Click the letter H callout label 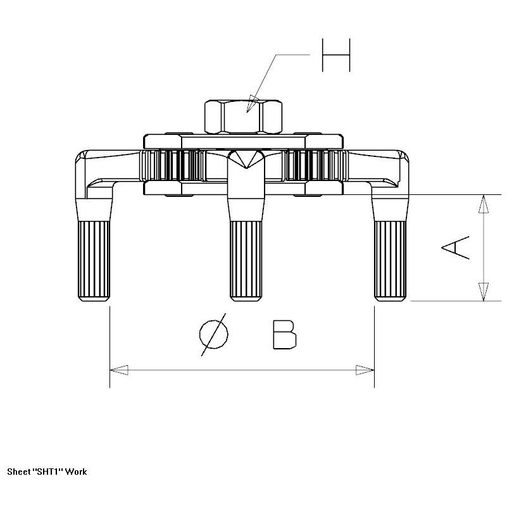pos(336,55)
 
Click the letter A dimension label pos(455,247)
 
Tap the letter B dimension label pos(285,335)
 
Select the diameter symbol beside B pos(213,335)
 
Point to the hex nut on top pos(243,116)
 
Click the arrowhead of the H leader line pos(252,103)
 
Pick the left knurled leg pos(94,261)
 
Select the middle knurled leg pos(246,261)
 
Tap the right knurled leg pos(391,261)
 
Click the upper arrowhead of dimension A pos(484,204)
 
